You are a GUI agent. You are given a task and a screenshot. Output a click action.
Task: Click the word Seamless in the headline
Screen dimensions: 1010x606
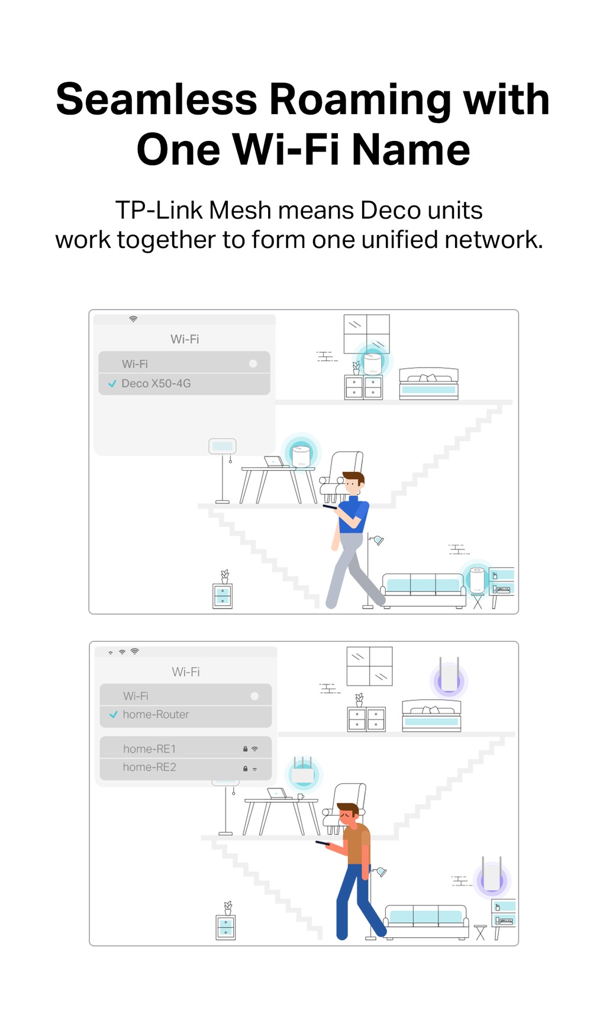click(x=157, y=99)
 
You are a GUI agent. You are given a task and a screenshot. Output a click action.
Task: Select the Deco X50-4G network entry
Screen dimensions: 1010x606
click(x=156, y=384)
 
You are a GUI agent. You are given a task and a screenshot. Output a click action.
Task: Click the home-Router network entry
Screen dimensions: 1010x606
click(x=156, y=715)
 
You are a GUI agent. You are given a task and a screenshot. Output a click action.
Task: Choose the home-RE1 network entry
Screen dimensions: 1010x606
click(x=149, y=749)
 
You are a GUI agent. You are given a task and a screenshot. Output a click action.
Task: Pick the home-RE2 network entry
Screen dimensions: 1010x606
click(x=149, y=767)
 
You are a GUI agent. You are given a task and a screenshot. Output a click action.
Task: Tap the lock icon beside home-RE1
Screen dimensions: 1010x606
click(x=245, y=749)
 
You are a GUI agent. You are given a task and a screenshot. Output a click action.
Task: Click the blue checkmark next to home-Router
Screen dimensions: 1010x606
click(x=114, y=715)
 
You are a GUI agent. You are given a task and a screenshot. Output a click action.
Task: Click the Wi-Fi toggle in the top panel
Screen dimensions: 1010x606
click(x=253, y=364)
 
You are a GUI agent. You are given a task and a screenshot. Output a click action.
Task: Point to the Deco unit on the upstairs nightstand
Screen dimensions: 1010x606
click(x=372, y=362)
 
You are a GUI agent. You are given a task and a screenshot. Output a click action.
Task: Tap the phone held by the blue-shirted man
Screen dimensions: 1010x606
click(x=330, y=507)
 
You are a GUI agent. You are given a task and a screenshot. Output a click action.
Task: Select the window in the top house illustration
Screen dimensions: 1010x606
click(x=366, y=334)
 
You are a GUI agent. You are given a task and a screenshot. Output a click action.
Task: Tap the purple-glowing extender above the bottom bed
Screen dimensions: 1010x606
click(x=449, y=677)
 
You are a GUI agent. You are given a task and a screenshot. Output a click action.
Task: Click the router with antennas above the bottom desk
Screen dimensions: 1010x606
click(x=303, y=773)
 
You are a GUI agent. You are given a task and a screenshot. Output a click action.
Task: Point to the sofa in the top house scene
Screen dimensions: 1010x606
click(x=423, y=589)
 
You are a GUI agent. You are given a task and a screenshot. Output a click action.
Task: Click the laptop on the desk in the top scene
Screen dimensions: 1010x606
click(x=274, y=462)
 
